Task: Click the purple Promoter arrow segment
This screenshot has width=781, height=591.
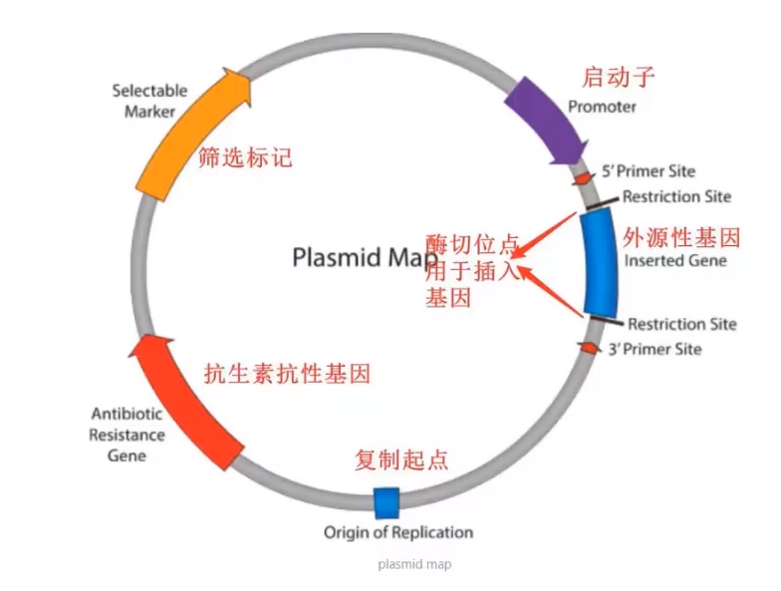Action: pyautogui.click(x=543, y=118)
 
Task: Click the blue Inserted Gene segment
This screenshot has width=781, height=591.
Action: pyautogui.click(x=600, y=262)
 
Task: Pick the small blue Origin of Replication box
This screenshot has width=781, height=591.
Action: pyautogui.click(x=386, y=502)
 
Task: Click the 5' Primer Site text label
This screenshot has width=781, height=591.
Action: pyautogui.click(x=650, y=171)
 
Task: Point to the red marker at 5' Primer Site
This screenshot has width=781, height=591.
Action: pyautogui.click(x=582, y=178)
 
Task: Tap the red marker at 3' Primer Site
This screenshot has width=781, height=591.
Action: pyautogui.click(x=589, y=347)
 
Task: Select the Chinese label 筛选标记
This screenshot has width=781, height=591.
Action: pyautogui.click(x=245, y=157)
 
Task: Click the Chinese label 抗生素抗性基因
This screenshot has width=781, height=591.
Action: pyautogui.click(x=287, y=374)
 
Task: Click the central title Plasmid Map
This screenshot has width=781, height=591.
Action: pyautogui.click(x=366, y=257)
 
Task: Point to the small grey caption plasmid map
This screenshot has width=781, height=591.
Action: pyautogui.click(x=414, y=564)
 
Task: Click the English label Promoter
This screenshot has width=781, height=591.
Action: pyautogui.click(x=601, y=107)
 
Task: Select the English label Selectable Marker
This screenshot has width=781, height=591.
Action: pyautogui.click(x=149, y=101)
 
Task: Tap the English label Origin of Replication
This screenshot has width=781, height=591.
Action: pyautogui.click(x=397, y=532)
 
